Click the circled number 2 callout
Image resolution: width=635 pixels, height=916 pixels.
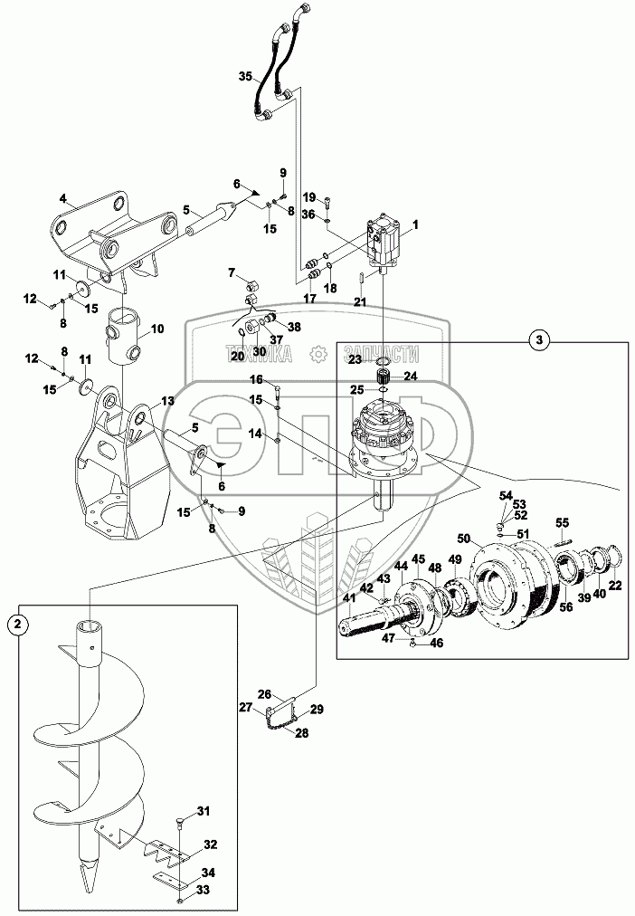(19, 625)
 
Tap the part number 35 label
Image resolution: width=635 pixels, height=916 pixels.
(245, 76)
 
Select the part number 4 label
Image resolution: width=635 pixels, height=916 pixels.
(63, 197)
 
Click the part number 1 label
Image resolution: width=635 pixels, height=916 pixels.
(415, 224)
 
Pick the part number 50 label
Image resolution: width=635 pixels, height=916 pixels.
(464, 537)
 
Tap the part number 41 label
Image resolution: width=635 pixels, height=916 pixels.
(349, 597)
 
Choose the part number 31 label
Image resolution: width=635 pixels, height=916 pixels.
(203, 811)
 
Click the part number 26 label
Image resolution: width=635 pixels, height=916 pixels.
(265, 694)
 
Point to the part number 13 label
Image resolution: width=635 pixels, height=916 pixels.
(167, 401)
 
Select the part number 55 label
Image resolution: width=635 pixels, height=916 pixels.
(562, 522)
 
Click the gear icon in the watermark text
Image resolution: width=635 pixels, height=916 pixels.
(317, 353)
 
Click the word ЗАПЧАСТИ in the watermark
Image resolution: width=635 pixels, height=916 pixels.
(382, 354)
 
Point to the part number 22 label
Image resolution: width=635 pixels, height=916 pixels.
(615, 587)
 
